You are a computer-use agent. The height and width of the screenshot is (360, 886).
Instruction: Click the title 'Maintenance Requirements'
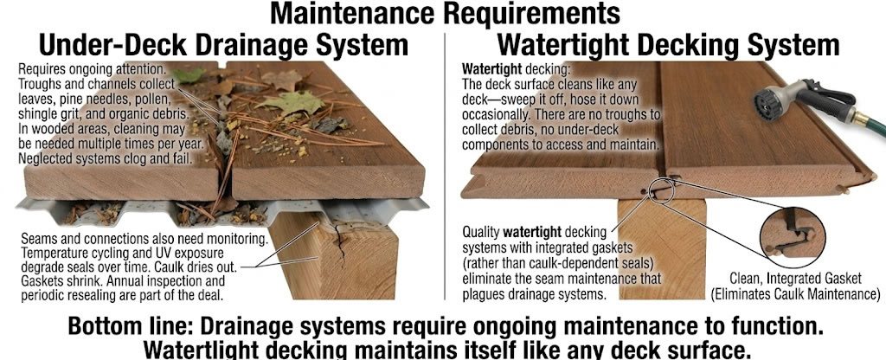[x=443, y=14]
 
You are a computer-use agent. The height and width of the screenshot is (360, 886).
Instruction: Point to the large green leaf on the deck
[x=299, y=104]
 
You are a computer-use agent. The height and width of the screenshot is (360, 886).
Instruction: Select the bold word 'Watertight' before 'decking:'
[x=491, y=68]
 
